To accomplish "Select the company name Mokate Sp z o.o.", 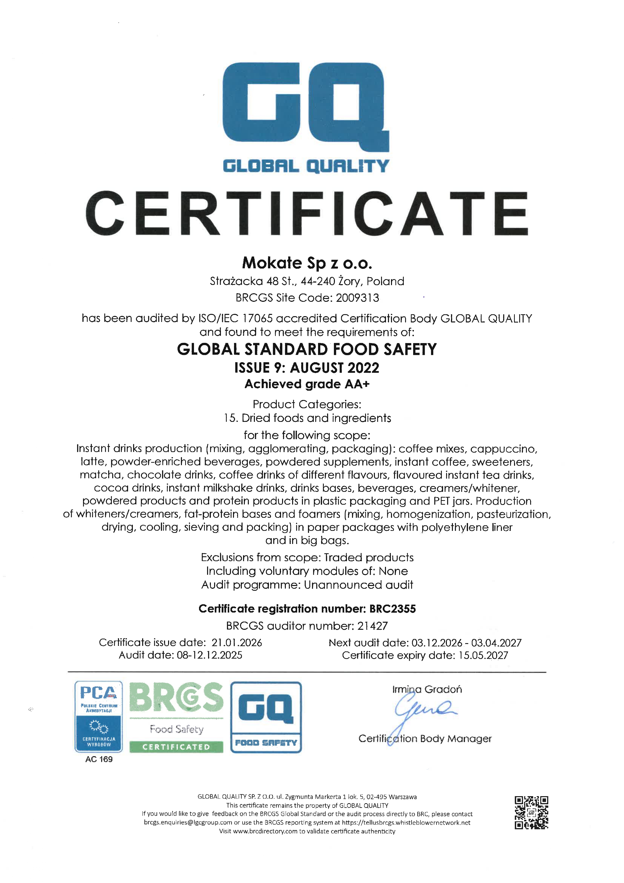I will coord(307,263).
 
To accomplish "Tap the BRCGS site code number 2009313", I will coord(357,298).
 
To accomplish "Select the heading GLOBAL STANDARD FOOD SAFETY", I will coord(306,349).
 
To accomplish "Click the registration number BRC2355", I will coord(392,609).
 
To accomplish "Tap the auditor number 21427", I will coord(372,626).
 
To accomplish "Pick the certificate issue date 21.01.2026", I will coord(237,643).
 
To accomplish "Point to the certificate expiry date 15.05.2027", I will coord(483,655).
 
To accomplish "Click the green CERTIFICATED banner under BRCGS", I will coord(176,747).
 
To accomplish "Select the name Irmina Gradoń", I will coord(427,689).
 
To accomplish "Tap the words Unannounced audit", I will coord(358,585).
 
